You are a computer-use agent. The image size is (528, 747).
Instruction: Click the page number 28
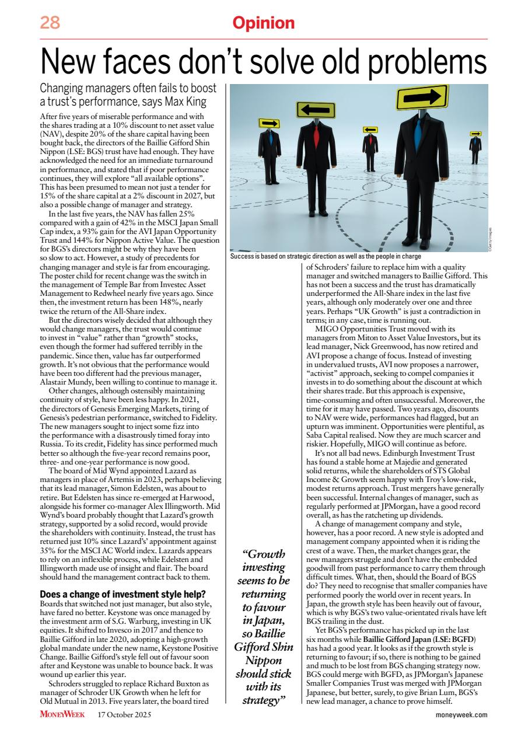50,23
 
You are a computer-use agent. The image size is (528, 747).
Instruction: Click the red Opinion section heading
263,23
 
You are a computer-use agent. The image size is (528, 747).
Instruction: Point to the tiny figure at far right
475,148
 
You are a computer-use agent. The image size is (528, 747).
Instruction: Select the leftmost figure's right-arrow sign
269,123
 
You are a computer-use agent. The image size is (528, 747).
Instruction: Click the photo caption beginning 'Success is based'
326,256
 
